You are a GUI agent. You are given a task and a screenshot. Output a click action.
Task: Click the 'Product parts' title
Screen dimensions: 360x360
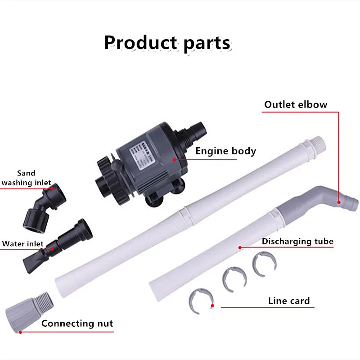tap(167, 43)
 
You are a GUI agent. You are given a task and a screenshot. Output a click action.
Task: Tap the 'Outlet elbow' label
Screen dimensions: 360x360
tap(296, 104)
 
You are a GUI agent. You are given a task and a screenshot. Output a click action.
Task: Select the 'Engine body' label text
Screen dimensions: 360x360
tap(225, 151)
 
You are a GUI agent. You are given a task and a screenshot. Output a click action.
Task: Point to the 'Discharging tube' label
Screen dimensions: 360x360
tap(297, 241)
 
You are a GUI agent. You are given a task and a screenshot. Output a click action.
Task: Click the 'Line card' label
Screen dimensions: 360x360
tap(289, 301)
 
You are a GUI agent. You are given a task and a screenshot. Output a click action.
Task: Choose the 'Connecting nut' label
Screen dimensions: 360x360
tap(77, 323)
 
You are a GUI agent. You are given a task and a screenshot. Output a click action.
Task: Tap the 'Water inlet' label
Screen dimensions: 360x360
tap(23, 243)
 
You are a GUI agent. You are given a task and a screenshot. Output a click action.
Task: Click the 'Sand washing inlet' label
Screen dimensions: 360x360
tap(26, 178)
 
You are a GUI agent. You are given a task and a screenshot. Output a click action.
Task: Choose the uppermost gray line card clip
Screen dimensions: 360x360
tap(264, 263)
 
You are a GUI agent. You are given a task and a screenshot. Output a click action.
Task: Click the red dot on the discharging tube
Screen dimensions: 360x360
tap(240, 247)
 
